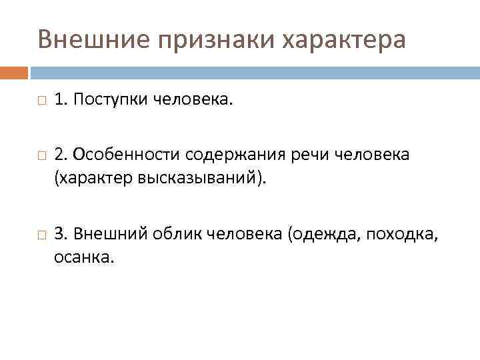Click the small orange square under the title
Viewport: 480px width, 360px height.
pyautogui.click(x=14, y=72)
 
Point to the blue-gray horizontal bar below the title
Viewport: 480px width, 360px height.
pyautogui.click(x=253, y=72)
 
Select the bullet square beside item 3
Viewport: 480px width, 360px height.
pyautogui.click(x=41, y=234)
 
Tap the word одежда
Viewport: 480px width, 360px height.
pyautogui.click(x=321, y=234)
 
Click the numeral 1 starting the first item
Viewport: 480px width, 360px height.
pyautogui.click(x=59, y=99)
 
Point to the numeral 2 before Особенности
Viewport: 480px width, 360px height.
pyautogui.click(x=59, y=155)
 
